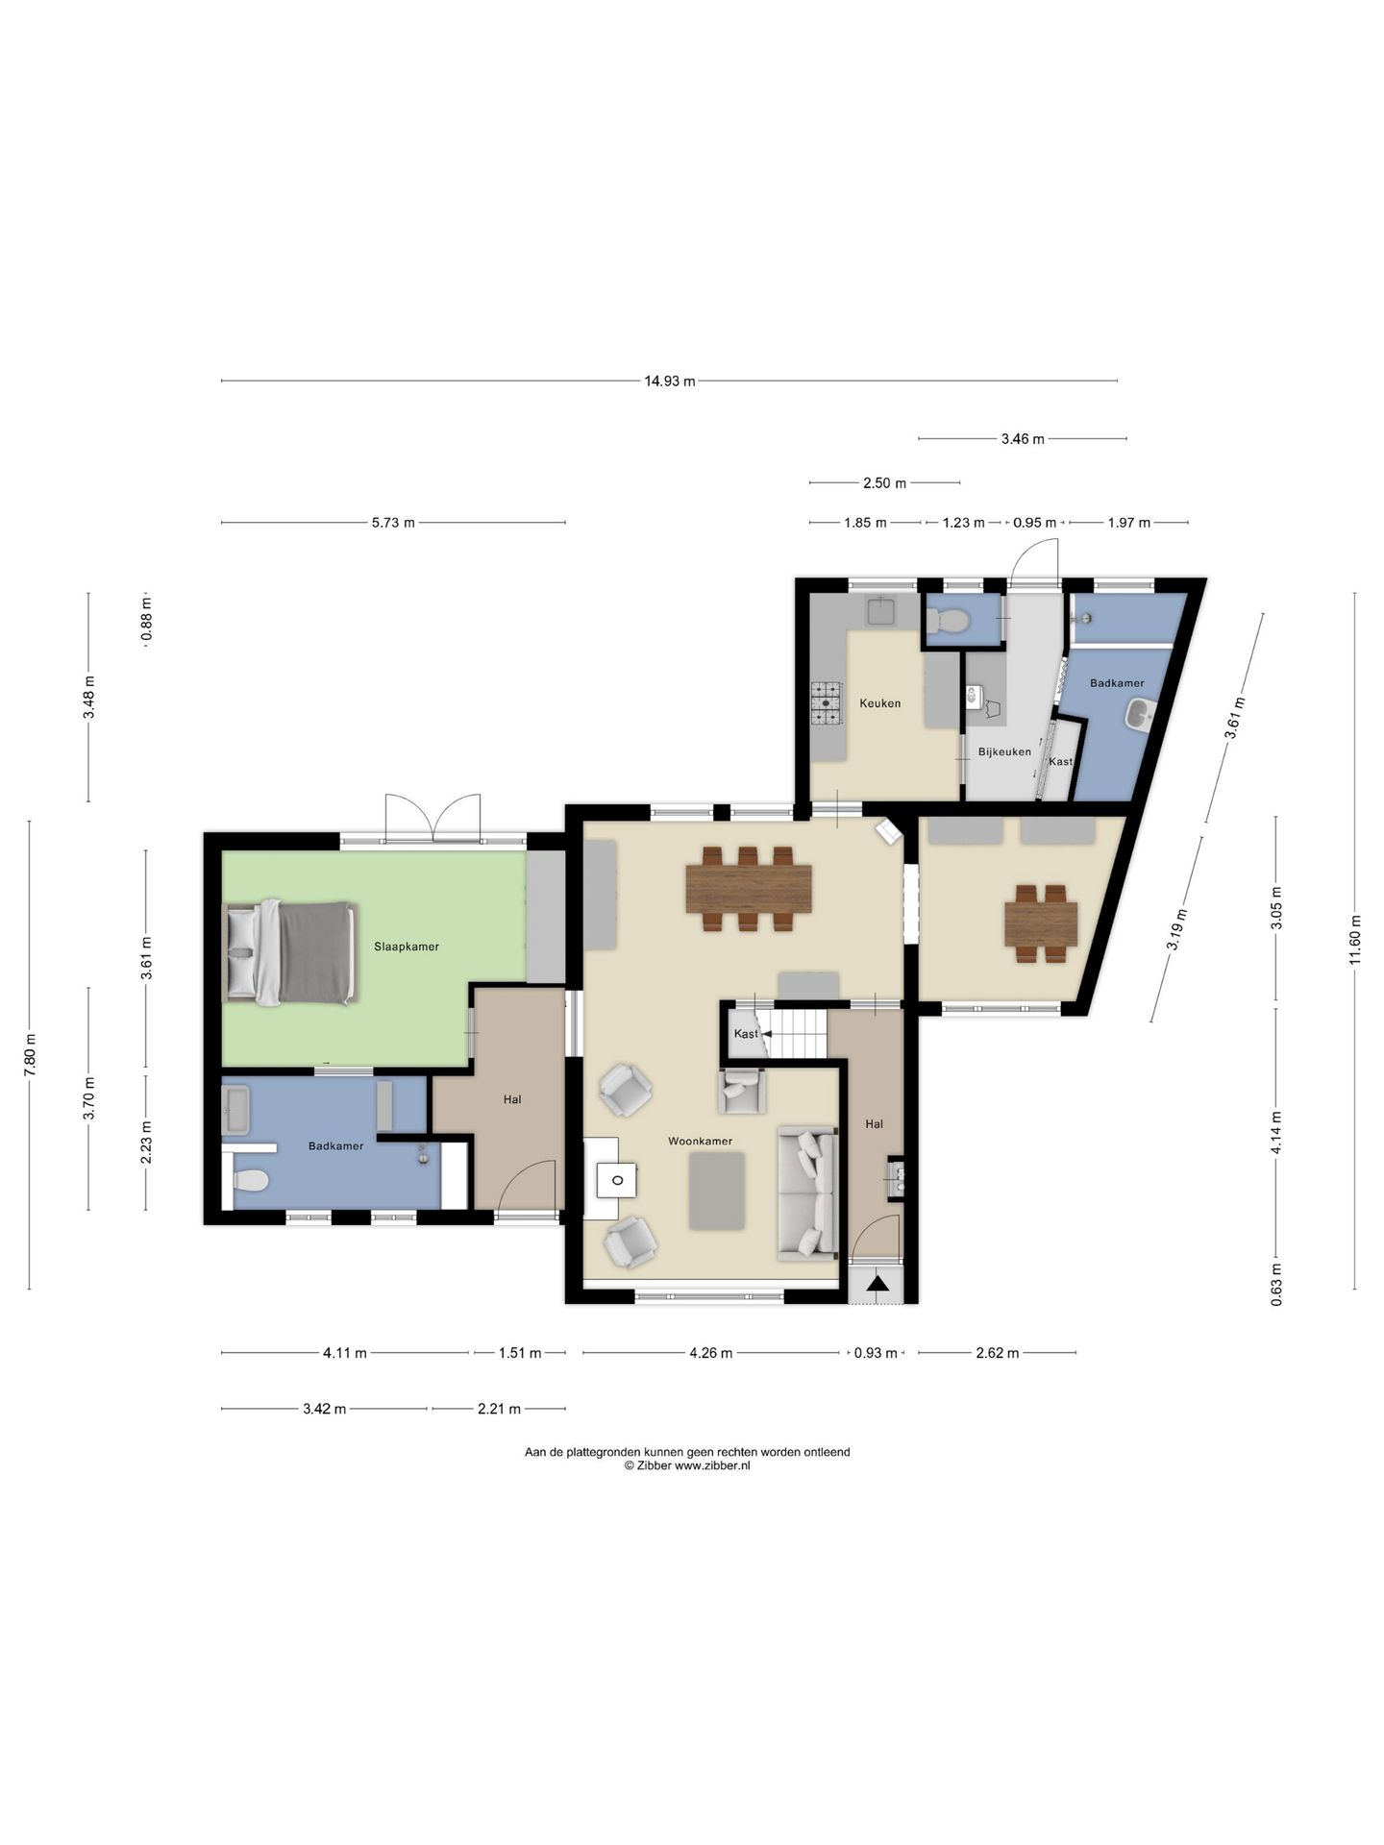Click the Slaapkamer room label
(407, 947)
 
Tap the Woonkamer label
(701, 1141)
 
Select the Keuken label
(880, 703)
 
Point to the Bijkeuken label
(1004, 751)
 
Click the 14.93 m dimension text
(670, 381)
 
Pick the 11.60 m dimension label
(1355, 941)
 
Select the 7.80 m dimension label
(30, 1054)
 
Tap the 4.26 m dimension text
(711, 1353)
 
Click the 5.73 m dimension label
(393, 523)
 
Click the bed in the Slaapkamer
(289, 952)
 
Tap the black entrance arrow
(877, 1283)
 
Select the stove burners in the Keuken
(826, 703)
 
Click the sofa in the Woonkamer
(807, 1193)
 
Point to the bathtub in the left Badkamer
(236, 1110)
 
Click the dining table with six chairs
(749, 889)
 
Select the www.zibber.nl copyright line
(687, 1465)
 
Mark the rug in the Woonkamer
(717, 1191)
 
